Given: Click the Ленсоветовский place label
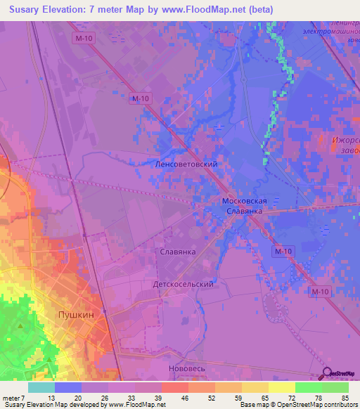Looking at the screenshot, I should [x=186, y=164].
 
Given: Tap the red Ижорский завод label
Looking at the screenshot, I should [x=345, y=145].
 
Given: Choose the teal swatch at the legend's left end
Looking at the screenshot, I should [x=41, y=387].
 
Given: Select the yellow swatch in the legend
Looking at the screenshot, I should [x=281, y=387].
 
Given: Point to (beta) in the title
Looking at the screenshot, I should [x=257, y=10].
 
